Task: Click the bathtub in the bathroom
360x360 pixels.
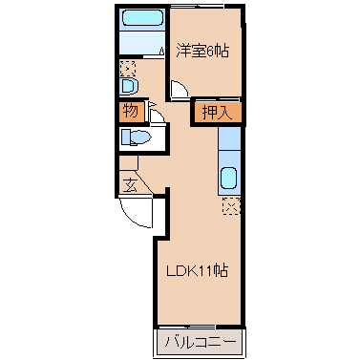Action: [142, 17]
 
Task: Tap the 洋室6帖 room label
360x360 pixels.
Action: [202, 51]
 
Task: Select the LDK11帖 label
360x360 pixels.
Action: [198, 271]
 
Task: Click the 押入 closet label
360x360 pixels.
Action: [218, 112]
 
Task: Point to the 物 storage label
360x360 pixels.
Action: [131, 111]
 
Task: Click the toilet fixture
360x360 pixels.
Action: [136, 138]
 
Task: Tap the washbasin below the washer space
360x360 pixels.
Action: [129, 86]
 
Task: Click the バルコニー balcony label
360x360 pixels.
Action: [201, 342]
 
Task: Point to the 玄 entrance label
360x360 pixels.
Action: [130, 185]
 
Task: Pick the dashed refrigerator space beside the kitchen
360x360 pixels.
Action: [231, 205]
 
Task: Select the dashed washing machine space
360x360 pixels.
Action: [128, 69]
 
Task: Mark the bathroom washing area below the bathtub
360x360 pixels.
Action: [142, 43]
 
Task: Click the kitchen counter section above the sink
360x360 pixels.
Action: [229, 138]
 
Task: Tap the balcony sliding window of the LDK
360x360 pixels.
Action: [187, 327]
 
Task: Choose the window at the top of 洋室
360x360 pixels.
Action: [197, 6]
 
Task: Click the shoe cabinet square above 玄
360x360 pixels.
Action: [128, 163]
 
